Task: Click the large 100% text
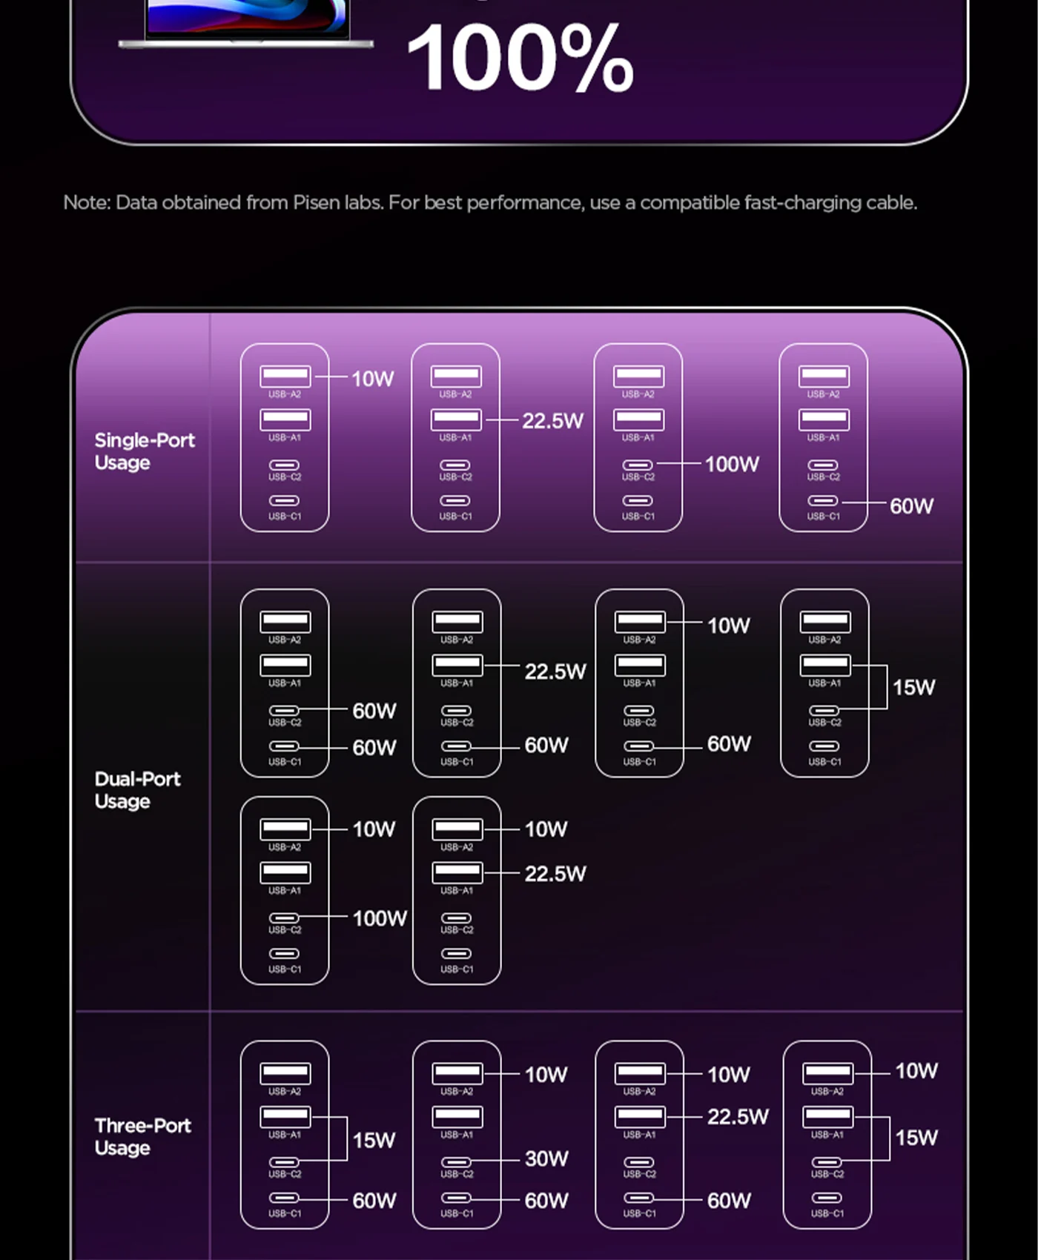(x=520, y=58)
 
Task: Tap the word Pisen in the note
(x=317, y=202)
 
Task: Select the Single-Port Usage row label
(x=144, y=451)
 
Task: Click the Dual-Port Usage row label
(x=137, y=790)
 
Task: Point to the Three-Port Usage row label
(x=142, y=1136)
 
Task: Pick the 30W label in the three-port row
(x=546, y=1158)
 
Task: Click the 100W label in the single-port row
(x=732, y=465)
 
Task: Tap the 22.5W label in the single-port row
(x=552, y=421)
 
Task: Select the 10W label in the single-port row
(x=372, y=379)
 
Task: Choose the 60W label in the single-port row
(x=911, y=506)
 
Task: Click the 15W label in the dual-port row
(x=913, y=687)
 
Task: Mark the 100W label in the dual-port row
(x=380, y=918)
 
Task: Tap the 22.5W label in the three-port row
(x=738, y=1117)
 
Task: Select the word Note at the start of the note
(x=87, y=202)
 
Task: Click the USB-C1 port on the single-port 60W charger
(x=823, y=501)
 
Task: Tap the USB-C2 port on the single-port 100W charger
(x=638, y=465)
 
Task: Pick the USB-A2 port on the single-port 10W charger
(x=285, y=376)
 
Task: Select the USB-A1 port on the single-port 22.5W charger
(x=456, y=419)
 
